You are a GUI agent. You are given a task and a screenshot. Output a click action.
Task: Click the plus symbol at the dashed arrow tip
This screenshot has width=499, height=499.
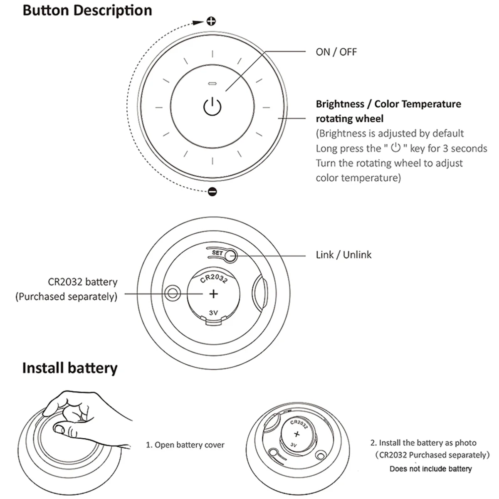[x=211, y=21]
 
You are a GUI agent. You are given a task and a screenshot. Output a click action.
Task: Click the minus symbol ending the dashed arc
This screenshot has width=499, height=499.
[x=212, y=192]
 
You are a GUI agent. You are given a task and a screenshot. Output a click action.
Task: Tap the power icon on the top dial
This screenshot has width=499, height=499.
[x=212, y=106]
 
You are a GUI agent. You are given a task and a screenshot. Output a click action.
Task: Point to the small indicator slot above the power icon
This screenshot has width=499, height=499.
[x=212, y=83]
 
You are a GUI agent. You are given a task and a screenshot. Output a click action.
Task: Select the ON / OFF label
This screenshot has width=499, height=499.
[x=336, y=52]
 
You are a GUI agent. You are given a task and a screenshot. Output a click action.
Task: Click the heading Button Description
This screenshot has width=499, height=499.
[x=87, y=10]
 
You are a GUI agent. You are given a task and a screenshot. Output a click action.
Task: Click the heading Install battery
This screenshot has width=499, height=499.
[x=70, y=368]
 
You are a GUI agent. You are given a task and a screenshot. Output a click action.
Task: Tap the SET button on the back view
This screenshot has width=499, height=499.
[x=230, y=256]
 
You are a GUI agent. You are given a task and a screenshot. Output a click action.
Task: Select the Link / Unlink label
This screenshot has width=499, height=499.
[x=343, y=255]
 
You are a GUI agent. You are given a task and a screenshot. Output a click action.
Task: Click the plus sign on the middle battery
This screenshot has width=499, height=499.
[x=213, y=294]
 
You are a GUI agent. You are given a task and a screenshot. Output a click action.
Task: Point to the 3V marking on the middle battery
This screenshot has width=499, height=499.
[x=213, y=313]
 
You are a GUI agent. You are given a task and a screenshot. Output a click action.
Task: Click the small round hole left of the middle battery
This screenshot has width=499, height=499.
[x=172, y=293]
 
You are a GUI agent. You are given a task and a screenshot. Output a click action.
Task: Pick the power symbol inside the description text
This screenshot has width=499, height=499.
[x=395, y=148]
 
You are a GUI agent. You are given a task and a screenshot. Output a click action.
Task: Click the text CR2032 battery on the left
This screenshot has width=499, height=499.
[x=83, y=282]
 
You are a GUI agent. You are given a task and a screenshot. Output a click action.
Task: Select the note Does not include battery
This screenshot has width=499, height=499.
[x=430, y=469]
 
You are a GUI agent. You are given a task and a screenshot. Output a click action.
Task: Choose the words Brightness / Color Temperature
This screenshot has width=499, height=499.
[x=388, y=104]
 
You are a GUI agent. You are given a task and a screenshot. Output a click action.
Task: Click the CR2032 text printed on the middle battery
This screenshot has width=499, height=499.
[x=214, y=278]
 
